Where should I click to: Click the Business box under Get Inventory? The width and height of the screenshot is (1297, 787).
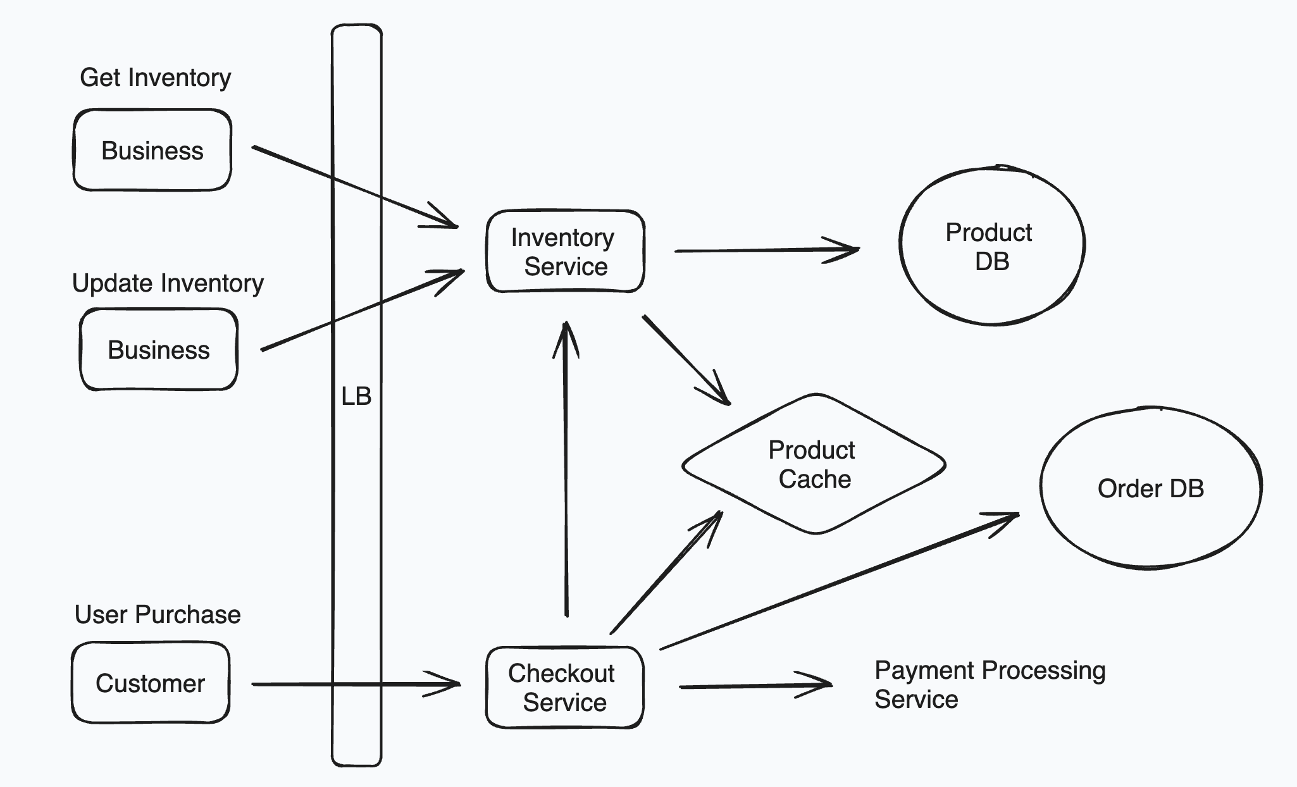pos(152,151)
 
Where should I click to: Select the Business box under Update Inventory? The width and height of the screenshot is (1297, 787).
pos(159,350)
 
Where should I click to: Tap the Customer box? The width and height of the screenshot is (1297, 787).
pos(151,683)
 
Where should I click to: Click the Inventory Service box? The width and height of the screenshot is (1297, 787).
pos(565,252)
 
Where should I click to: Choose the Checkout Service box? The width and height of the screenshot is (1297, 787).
pos(564,688)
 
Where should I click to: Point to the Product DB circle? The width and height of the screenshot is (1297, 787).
pos(991,247)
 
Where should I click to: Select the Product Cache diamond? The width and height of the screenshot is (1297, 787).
pos(814,464)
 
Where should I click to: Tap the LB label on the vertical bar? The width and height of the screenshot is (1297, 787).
pos(356,397)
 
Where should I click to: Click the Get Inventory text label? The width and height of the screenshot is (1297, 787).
pos(155,78)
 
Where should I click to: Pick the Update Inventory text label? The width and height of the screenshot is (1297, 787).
pos(168,283)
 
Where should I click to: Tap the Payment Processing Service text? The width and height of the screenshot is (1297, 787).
pos(989,685)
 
